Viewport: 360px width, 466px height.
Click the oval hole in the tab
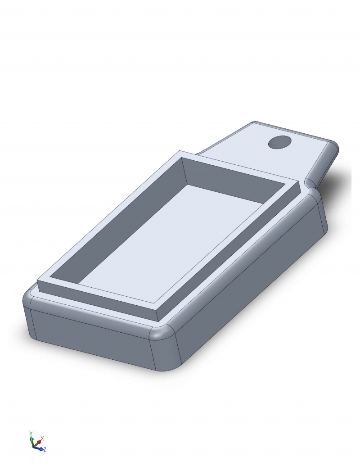279,142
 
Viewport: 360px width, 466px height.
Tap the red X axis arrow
37,443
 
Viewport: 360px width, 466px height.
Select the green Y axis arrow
31,440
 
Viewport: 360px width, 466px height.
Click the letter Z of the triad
45,450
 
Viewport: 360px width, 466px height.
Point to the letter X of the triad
42,439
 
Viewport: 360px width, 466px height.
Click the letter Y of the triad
31,433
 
